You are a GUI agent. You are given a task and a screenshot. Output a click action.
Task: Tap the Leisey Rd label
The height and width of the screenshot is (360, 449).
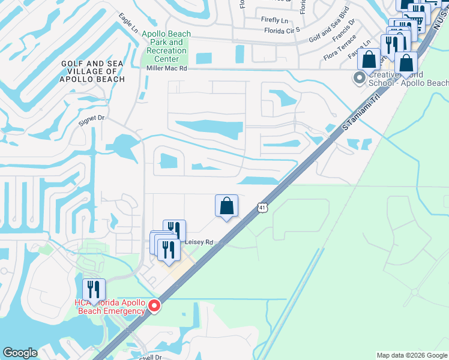pos(199,242)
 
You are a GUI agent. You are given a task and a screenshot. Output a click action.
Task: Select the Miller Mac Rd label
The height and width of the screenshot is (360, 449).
pos(167,69)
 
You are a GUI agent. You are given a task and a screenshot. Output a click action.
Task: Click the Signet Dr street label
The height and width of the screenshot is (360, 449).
pos(92,119)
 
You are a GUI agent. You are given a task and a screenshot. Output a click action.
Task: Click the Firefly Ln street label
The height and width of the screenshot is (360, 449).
pos(274,20)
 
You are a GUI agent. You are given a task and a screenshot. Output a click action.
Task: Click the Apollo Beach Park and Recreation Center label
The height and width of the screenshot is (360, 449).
pos(166,46)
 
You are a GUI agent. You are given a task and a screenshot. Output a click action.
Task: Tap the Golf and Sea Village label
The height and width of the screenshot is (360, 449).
pos(92,71)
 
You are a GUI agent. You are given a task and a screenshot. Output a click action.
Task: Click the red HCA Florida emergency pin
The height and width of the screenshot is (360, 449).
pos(154,306)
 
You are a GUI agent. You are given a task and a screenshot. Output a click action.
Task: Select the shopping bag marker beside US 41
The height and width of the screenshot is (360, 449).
pos(226,206)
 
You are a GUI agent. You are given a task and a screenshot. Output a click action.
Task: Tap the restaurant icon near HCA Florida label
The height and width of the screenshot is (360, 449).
pos(94,290)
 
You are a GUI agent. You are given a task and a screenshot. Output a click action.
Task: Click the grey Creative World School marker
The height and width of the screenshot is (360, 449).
pos(360,77)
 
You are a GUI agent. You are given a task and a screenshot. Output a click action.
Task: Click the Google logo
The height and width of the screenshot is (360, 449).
pos(20,353)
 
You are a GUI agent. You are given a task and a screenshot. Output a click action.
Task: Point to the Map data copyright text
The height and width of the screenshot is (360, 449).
pos(412,355)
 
